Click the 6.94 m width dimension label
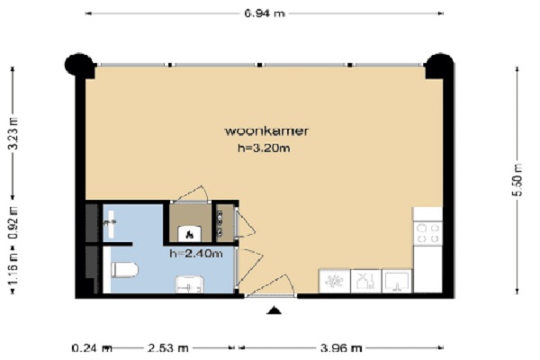pos(265,13)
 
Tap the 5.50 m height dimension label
pos(517,180)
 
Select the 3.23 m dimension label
pos(13,133)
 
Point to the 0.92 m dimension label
pos(13,223)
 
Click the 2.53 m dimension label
pos(168,348)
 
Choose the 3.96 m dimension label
pos(341,348)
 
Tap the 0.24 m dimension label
pos(92,348)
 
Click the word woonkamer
pos(266,130)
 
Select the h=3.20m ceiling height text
pos(264,148)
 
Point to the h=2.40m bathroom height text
pos(196,254)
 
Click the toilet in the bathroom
pos(124,270)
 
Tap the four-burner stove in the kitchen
pos(427,233)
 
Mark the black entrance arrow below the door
pos(274,310)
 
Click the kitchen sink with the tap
pos(397,281)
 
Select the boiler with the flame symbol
pos(189,234)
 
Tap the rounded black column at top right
pos(439,66)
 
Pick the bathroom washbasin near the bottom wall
pos(189,284)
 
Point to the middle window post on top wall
pos(260,65)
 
